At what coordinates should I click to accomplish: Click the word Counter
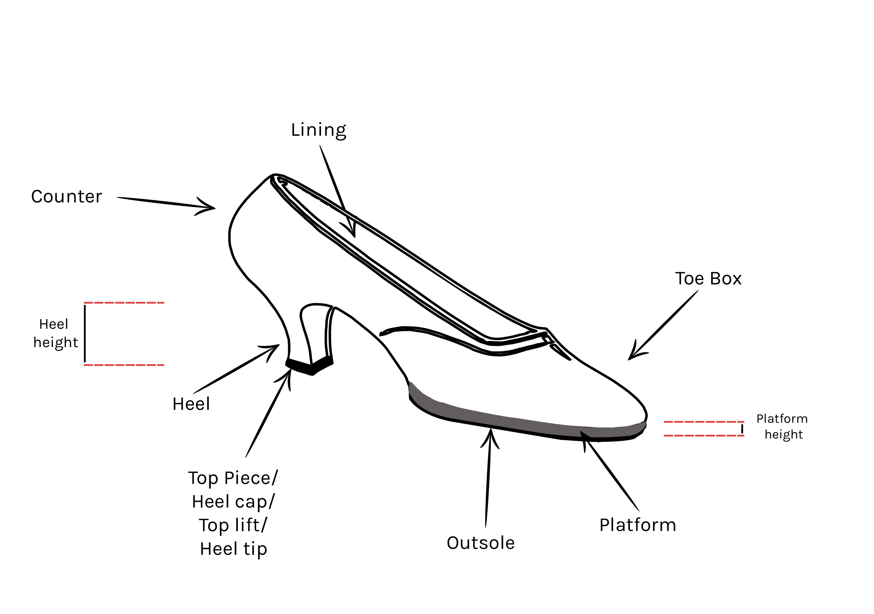click(x=67, y=197)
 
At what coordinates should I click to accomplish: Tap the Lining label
click(x=319, y=130)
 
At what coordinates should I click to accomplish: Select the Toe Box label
click(x=708, y=279)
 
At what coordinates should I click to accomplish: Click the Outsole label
click(x=480, y=543)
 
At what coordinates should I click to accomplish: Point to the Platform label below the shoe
click(x=638, y=525)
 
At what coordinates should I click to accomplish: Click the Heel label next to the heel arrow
click(x=191, y=404)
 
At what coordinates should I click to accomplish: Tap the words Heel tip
click(x=233, y=549)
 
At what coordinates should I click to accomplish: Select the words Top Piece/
click(x=233, y=478)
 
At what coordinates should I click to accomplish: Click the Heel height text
click(x=56, y=334)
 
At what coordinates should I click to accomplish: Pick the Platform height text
click(x=782, y=426)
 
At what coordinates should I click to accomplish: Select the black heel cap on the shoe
click(x=309, y=366)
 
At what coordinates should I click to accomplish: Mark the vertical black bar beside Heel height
click(x=85, y=334)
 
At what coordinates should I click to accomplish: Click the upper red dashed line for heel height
click(x=124, y=303)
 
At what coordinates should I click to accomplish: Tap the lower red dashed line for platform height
click(x=704, y=435)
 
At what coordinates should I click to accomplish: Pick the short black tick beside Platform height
click(x=742, y=429)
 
